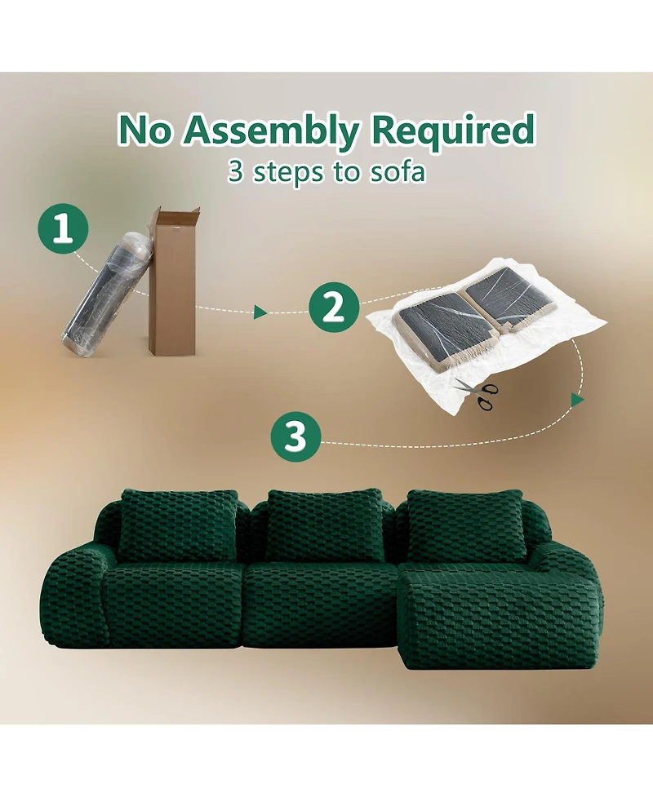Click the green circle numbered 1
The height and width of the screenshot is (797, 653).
point(62,229)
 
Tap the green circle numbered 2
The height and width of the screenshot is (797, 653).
point(333,307)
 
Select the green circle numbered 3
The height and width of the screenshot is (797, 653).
point(295,437)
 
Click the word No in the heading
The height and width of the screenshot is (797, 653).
point(147,131)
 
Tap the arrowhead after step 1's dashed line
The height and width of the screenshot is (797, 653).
point(260,312)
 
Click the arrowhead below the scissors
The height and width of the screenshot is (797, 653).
point(577,401)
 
